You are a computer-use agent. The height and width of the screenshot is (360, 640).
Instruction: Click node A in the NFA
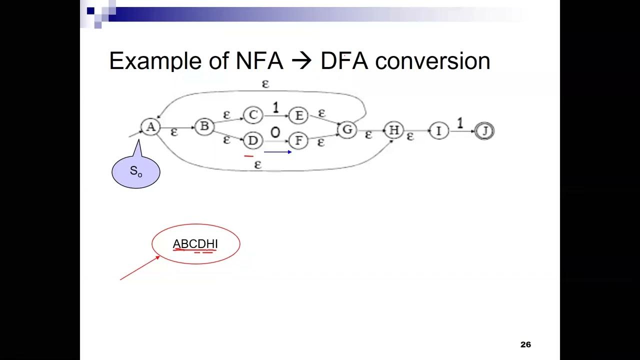coord(150,127)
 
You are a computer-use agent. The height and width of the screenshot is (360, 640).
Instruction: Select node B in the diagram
coord(204,127)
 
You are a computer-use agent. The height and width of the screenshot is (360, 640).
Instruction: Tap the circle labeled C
coord(253,115)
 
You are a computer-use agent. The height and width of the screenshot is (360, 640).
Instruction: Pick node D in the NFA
coord(252,141)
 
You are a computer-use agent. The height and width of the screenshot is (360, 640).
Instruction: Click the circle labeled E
coord(298,116)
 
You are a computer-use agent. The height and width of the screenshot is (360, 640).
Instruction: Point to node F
coord(298,141)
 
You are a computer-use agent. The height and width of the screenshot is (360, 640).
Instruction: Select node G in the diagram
coord(346,130)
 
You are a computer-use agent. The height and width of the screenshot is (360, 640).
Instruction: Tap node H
coord(393,130)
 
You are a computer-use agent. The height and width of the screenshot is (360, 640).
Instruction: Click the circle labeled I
coord(439,131)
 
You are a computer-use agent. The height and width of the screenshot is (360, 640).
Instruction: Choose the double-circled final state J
coord(484,131)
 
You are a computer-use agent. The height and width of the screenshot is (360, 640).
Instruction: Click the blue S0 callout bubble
coord(135,171)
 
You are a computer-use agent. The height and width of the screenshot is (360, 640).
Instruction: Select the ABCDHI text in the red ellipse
coord(195,244)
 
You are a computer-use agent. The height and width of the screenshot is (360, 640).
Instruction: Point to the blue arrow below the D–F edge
coord(277,152)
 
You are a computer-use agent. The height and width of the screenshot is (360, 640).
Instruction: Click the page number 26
coord(525,344)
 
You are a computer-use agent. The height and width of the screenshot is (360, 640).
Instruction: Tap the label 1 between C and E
coord(275,107)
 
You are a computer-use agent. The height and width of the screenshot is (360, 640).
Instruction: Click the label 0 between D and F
coord(275,133)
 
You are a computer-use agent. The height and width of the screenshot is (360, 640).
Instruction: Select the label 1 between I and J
coord(460,123)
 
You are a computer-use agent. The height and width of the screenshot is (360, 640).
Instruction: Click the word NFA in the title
coord(259,61)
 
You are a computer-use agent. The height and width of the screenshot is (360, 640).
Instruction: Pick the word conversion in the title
coord(432,61)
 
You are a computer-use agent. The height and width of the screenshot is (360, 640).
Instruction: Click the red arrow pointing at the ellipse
coord(140,268)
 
